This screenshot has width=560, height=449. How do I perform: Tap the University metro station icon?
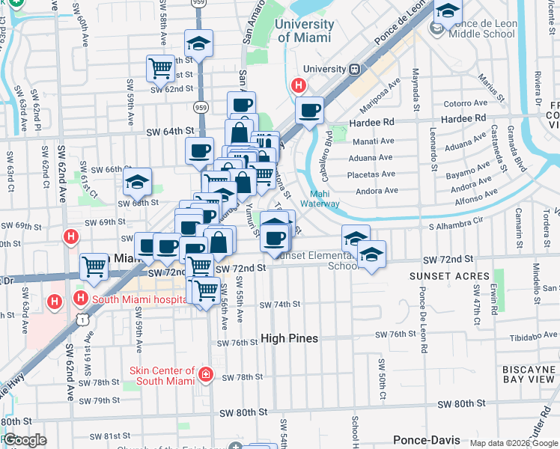[x=355, y=69]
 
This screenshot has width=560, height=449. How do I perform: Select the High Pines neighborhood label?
[x=289, y=338]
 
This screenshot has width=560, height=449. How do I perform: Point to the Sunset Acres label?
[x=440, y=275]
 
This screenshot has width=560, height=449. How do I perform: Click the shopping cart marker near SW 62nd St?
[x=160, y=69]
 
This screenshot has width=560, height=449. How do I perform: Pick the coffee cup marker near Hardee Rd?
[x=309, y=111]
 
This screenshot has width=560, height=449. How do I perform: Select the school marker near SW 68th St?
[x=138, y=181]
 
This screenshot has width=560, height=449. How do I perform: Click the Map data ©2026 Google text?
[x=514, y=443]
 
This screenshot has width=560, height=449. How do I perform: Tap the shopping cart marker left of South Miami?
[x=94, y=266]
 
